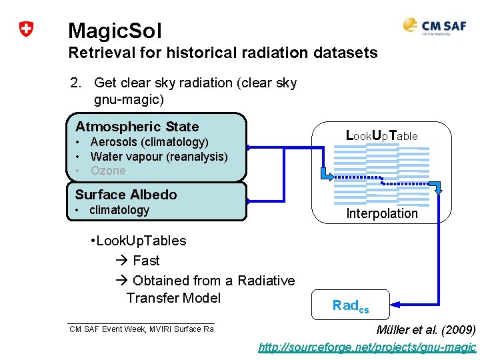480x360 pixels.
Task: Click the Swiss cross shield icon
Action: point(26,29)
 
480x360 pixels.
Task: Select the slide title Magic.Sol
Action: point(115,30)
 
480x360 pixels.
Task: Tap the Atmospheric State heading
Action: point(137,127)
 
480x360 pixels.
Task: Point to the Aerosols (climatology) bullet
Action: point(149,142)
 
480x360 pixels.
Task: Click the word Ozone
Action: point(108,171)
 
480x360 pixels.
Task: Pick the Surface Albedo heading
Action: point(126,195)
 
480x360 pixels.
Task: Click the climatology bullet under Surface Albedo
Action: point(119,210)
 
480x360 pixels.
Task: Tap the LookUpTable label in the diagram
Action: point(381,135)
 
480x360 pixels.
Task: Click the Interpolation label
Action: point(381,213)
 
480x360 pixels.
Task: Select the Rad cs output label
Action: point(350,306)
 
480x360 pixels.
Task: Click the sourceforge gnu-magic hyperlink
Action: point(367,347)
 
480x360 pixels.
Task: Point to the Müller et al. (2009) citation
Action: point(426,330)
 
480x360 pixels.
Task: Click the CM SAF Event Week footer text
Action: point(141,329)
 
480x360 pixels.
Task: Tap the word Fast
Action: point(146,261)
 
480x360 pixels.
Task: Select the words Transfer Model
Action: point(173,297)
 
